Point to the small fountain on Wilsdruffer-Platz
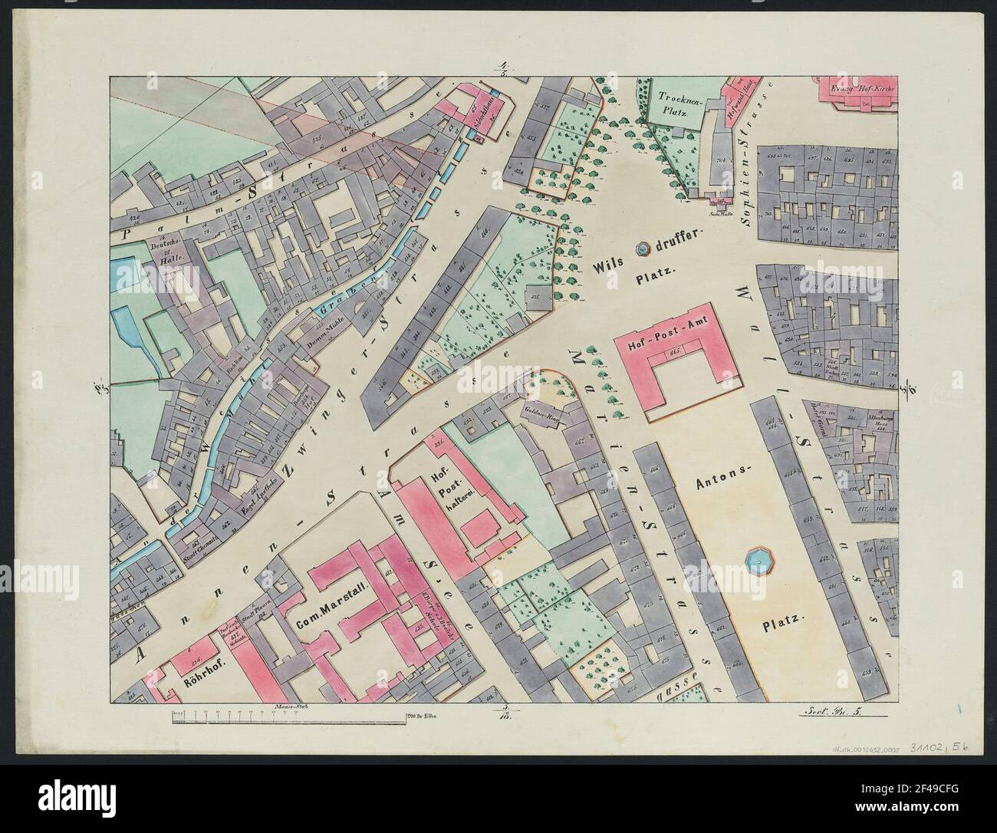coord(642,249)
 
